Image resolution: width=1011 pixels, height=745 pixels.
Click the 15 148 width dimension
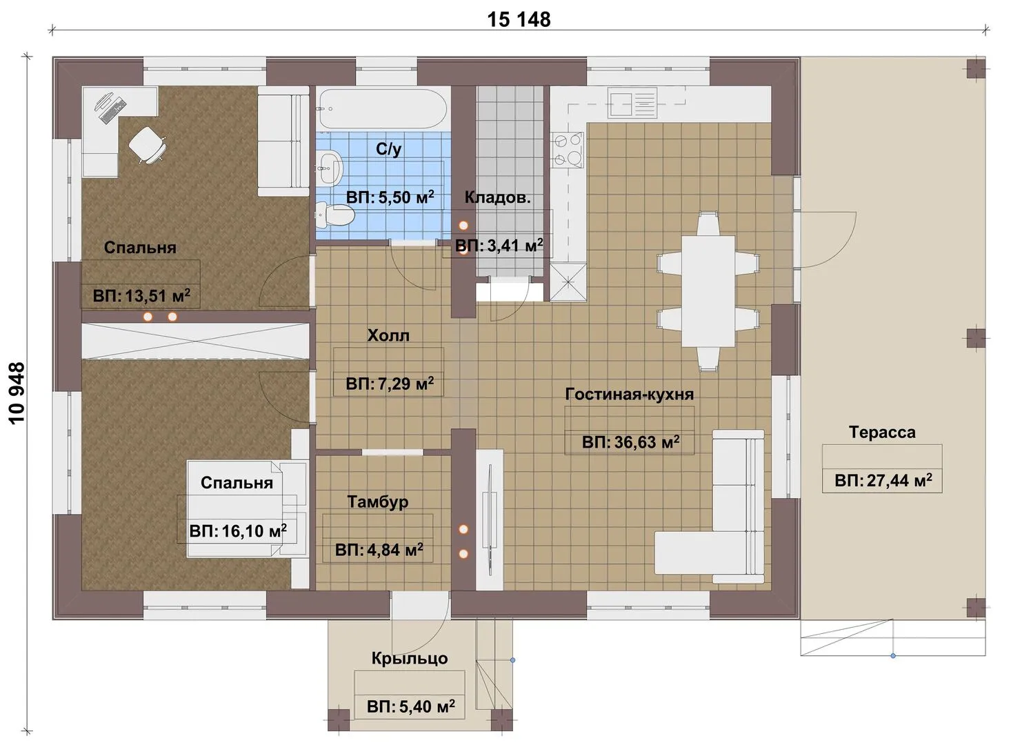(x=519, y=20)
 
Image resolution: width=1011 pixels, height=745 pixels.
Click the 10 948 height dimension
(x=17, y=393)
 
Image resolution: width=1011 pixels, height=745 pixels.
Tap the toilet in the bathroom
(x=334, y=216)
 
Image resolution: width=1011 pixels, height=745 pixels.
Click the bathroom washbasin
(x=330, y=167)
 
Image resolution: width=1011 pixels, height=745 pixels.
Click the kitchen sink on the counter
(x=632, y=103)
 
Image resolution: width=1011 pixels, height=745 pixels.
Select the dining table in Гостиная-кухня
(x=708, y=291)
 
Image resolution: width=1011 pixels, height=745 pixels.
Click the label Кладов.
(x=497, y=198)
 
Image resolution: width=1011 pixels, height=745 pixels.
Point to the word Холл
(x=388, y=335)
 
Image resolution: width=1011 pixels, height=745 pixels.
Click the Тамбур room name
(x=377, y=502)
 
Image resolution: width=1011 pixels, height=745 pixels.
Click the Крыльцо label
(x=410, y=659)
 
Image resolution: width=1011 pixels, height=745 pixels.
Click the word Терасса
(x=882, y=433)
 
